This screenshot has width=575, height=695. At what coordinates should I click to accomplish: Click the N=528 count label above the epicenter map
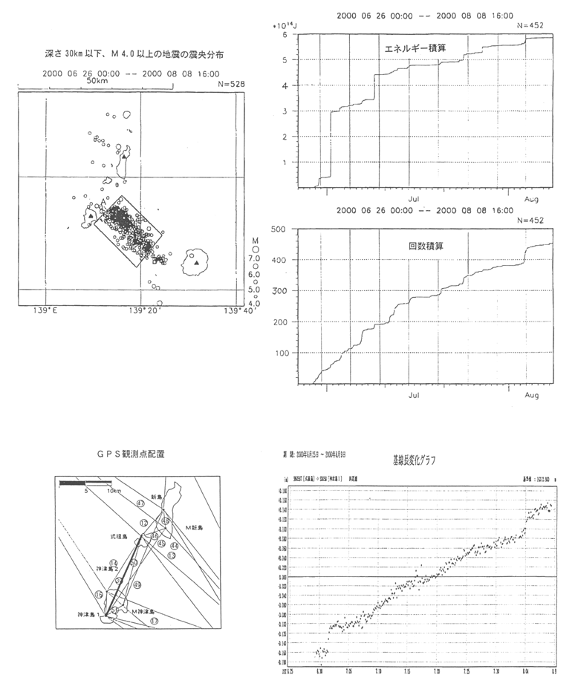230,85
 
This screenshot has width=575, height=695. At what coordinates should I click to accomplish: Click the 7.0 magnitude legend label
253,260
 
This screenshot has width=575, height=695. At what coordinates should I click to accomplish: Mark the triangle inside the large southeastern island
196,262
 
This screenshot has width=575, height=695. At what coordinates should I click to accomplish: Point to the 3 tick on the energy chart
287,111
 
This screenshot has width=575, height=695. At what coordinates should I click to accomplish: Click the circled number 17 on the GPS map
154,620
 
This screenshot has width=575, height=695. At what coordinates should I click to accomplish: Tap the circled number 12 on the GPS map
143,524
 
